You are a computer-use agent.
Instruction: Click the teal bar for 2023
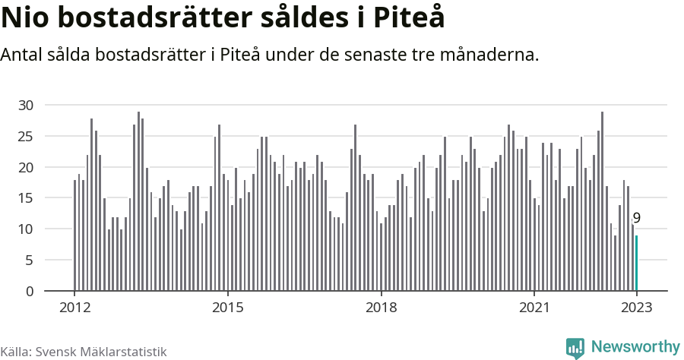coord(637,263)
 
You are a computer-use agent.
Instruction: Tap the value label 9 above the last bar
coord(637,219)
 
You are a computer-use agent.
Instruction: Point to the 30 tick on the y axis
coord(27,105)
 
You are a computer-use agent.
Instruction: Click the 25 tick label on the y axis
coord(27,136)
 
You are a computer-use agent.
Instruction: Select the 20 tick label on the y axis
coord(27,167)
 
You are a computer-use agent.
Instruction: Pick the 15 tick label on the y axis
coord(27,198)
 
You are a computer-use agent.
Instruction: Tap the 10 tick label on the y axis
coord(27,229)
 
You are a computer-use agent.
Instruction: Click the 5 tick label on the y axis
coord(30,261)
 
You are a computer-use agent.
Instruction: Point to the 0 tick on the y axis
coord(30,292)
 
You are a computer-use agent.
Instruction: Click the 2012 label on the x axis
coord(74,308)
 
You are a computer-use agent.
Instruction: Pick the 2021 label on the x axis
coord(534,308)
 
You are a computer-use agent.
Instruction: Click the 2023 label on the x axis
coord(637,308)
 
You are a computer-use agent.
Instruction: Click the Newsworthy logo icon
coord(575,348)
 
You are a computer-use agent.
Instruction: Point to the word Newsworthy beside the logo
coord(635,347)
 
